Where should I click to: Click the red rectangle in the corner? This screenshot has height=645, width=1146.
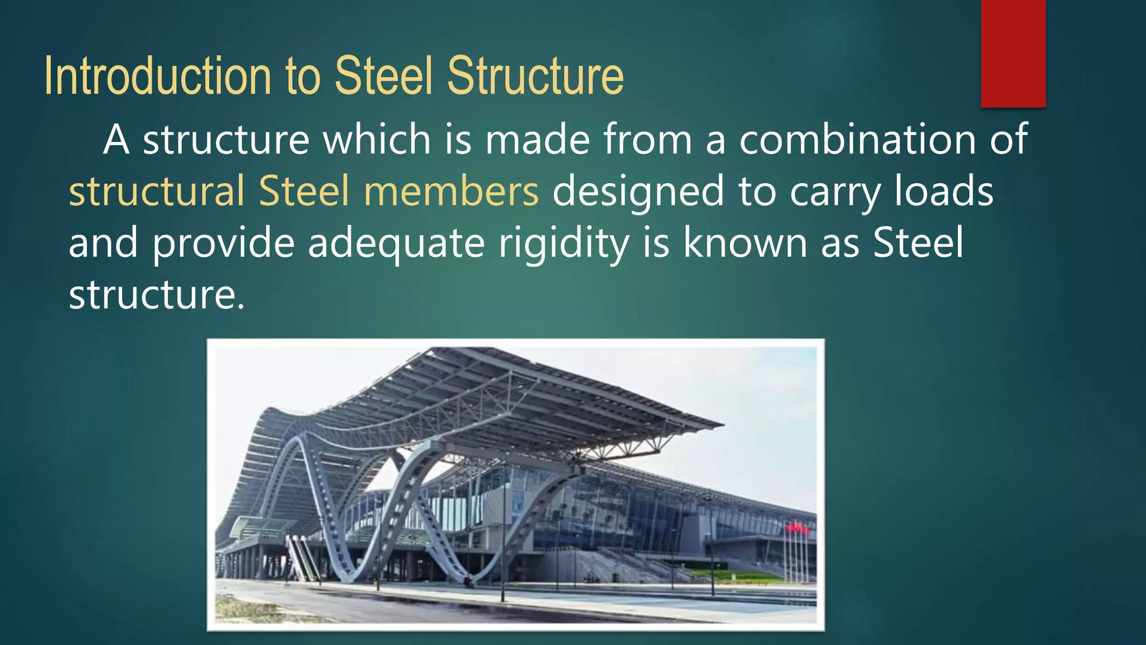click(x=1013, y=53)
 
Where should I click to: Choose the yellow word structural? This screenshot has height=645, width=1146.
click(x=157, y=191)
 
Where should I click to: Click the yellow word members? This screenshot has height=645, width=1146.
click(x=451, y=191)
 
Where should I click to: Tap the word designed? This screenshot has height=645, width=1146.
click(x=638, y=191)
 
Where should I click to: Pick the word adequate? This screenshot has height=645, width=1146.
click(x=396, y=243)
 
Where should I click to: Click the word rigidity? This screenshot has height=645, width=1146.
click(x=563, y=243)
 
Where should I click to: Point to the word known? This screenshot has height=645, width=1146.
click(x=745, y=243)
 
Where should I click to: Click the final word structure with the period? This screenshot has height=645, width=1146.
click(x=157, y=295)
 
